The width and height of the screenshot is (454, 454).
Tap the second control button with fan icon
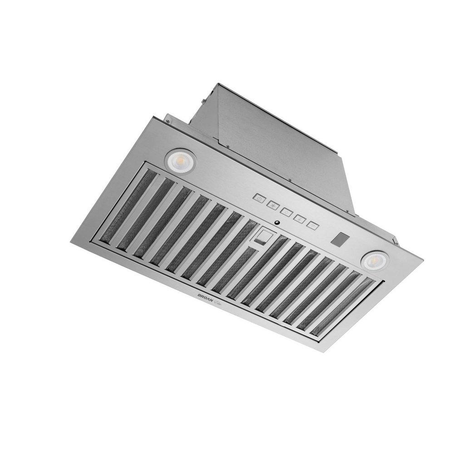pyautogui.click(x=273, y=205)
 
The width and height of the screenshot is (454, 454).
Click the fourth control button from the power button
pyautogui.click(x=299, y=218)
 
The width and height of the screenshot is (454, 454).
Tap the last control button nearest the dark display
pyautogui.click(x=312, y=224)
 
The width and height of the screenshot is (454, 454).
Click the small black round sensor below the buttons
pyautogui.click(x=276, y=222)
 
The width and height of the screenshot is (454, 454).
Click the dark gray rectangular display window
pyautogui.click(x=340, y=239)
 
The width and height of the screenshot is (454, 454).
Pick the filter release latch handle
pyautogui.click(x=263, y=237)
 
